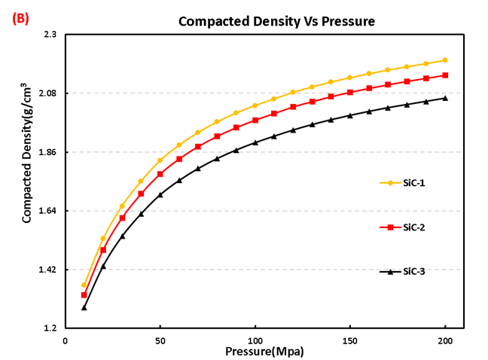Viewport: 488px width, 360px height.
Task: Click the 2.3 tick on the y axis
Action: pyautogui.click(x=50, y=35)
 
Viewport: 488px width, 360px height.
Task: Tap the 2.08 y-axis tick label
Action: pyautogui.click(x=47, y=93)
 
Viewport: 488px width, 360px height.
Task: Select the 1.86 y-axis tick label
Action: pyautogui.click(x=47, y=152)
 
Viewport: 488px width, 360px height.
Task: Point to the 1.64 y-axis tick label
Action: pyautogui.click(x=47, y=211)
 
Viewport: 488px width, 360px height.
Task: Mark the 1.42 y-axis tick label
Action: pyautogui.click(x=47, y=270)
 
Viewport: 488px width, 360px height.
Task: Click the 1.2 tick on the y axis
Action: pyautogui.click(x=50, y=328)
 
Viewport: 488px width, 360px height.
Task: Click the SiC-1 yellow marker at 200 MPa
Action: pyautogui.click(x=445, y=60)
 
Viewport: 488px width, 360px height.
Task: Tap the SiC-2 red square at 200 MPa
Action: pyautogui.click(x=445, y=75)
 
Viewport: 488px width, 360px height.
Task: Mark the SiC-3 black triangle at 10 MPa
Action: pyautogui.click(x=84, y=307)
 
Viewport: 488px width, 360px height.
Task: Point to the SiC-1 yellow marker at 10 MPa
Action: pyautogui.click(x=84, y=285)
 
